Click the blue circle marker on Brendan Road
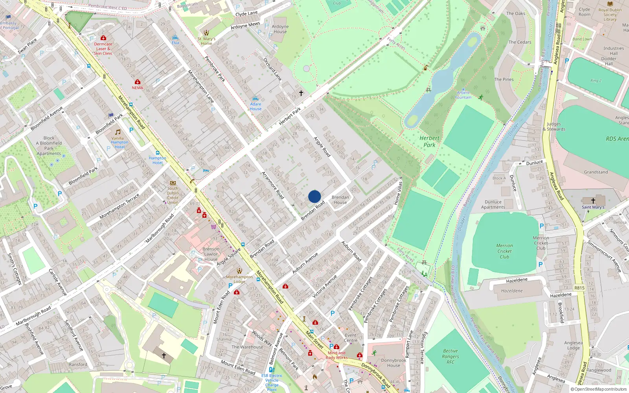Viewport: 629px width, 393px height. coord(314,196)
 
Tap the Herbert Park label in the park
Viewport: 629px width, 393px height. coord(429,141)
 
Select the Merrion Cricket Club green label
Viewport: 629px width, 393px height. coord(504,251)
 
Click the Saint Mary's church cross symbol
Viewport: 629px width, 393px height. coord(593,200)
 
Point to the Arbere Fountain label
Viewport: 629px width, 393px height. coord(463,95)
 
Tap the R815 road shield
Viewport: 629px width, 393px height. coord(579,288)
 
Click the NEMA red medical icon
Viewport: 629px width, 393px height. coord(137,82)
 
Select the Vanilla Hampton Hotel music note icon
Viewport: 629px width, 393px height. coord(118,132)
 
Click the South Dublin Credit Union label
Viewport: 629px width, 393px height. coord(173,195)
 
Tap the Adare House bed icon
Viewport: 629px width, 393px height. coord(256,99)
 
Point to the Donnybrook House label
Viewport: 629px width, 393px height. coord(394,363)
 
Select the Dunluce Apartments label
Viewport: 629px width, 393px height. coord(493,204)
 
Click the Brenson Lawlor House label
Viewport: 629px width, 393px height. coord(211,254)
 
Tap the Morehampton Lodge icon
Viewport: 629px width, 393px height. coord(239,271)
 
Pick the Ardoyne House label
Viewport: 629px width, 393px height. coord(280,29)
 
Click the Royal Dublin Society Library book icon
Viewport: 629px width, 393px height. coord(610,4)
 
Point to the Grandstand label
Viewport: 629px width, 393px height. coord(596,172)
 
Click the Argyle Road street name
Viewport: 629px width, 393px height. coord(322,147)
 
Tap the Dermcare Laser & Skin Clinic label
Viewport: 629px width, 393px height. coord(103,49)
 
